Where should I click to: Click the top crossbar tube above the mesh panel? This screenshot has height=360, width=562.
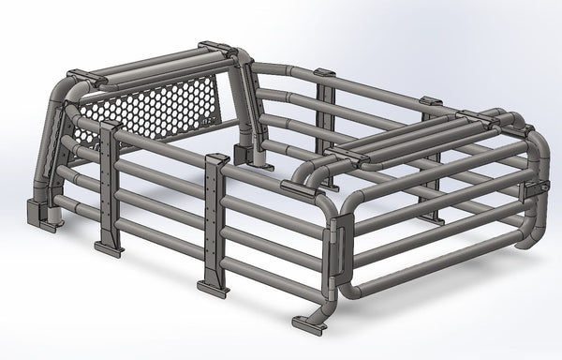click(150, 66)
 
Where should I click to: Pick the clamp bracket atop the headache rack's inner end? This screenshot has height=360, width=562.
click(217, 46)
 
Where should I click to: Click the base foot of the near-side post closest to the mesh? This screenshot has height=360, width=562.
click(108, 248)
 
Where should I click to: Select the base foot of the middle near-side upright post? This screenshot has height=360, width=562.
click(213, 287)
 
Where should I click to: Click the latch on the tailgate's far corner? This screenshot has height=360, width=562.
click(537, 187)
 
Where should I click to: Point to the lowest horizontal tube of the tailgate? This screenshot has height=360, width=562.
click(440, 267)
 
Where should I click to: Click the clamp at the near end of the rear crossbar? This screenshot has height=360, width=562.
click(348, 154)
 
